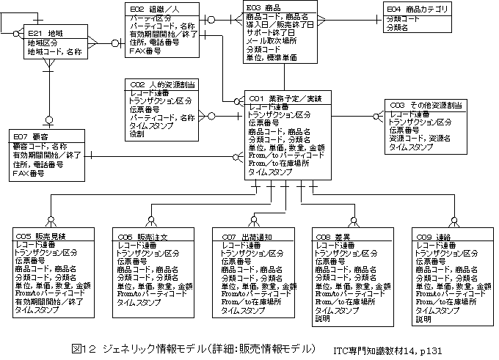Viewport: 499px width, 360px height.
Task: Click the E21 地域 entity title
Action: tap(45, 34)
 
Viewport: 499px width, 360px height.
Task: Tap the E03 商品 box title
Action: tap(265, 8)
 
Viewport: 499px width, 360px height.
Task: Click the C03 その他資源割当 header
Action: tap(426, 105)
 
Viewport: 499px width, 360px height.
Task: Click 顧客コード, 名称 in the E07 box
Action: tap(40, 147)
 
